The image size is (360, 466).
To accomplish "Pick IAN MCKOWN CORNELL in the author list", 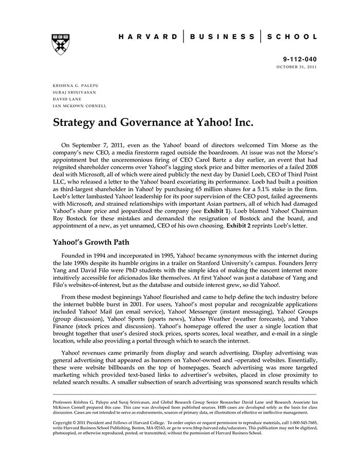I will coord(80,106).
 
